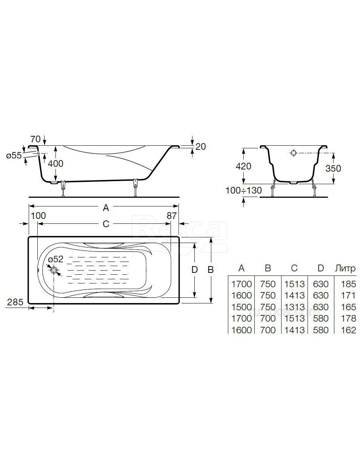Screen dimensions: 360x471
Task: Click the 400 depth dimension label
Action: (55, 164)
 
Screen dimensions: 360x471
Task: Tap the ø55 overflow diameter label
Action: (14, 155)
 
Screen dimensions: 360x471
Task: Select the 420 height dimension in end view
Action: (243, 166)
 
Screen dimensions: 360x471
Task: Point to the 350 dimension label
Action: (333, 168)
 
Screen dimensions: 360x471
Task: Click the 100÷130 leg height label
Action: (244, 190)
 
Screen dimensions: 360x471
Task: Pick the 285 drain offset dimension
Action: (15, 302)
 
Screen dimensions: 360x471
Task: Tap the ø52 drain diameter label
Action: (56, 259)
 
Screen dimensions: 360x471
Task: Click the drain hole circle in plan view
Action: (54, 270)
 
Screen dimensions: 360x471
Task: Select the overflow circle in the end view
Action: (293, 153)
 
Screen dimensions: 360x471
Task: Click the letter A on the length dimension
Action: (106, 208)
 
